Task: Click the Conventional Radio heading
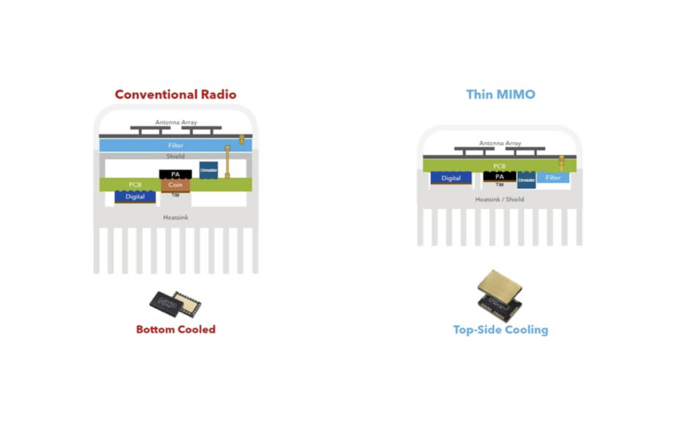pyautogui.click(x=176, y=94)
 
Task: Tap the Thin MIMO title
pyautogui.click(x=500, y=94)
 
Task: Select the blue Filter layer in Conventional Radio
pyautogui.click(x=176, y=145)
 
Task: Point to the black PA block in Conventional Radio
pyautogui.click(x=176, y=174)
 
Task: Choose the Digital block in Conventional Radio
pyautogui.click(x=135, y=197)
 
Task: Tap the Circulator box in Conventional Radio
pyautogui.click(x=208, y=170)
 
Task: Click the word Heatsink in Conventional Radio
pyautogui.click(x=176, y=217)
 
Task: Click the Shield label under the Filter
pyautogui.click(x=176, y=156)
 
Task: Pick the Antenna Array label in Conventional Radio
pyautogui.click(x=176, y=123)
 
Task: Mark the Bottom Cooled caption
pyautogui.click(x=176, y=329)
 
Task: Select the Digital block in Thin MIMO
pyautogui.click(x=451, y=178)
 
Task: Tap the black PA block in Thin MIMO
pyautogui.click(x=499, y=177)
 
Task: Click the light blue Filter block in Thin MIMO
pyautogui.click(x=553, y=178)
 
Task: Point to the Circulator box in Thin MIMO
pyautogui.click(x=526, y=180)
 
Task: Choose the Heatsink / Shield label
pyautogui.click(x=499, y=199)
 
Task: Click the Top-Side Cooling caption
pyautogui.click(x=500, y=330)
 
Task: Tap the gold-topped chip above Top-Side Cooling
pyautogui.click(x=500, y=295)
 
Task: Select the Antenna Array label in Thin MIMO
pyautogui.click(x=499, y=143)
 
